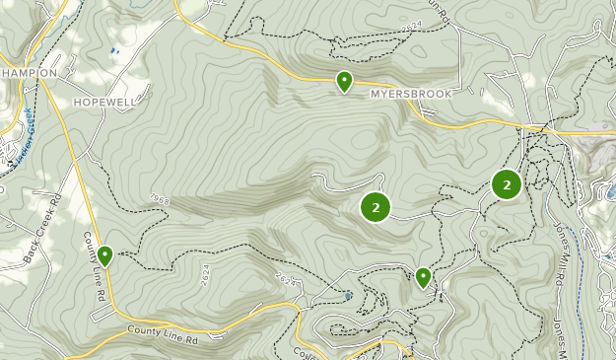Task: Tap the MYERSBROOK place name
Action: [x=411, y=95]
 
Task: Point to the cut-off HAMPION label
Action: [x=29, y=73]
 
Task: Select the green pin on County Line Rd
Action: [x=104, y=255]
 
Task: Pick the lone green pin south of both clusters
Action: [x=424, y=277]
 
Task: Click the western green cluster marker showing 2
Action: [x=376, y=207]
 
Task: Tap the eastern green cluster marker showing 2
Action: [x=507, y=184]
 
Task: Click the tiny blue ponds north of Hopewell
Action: [x=115, y=48]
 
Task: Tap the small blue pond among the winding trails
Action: [x=349, y=294]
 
